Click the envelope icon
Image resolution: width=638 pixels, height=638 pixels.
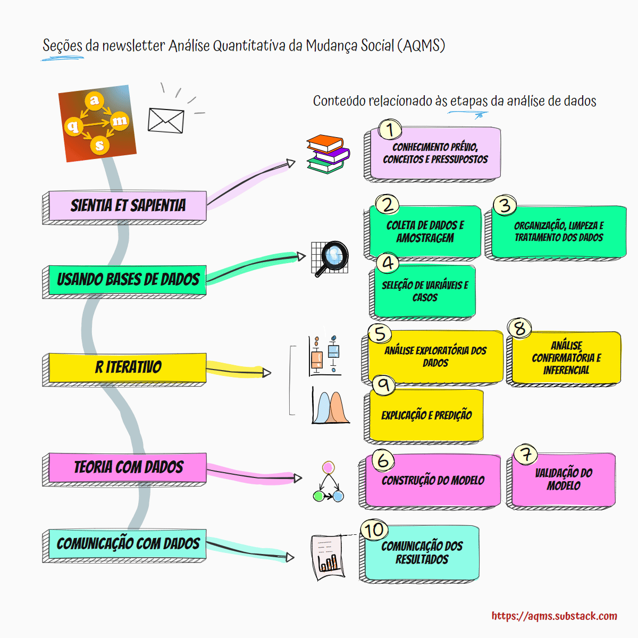pyautogui.click(x=166, y=121)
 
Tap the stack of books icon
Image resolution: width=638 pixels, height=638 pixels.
pyautogui.click(x=328, y=154)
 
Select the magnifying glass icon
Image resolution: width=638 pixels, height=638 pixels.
pyautogui.click(x=330, y=258)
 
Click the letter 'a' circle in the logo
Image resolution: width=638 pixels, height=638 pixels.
pyautogui.click(x=95, y=100)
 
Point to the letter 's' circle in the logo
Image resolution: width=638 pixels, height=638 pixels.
pyautogui.click(x=99, y=145)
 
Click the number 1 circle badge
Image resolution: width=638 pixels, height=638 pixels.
pyautogui.click(x=390, y=129)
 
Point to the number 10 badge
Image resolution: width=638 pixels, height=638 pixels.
pyautogui.click(x=374, y=530)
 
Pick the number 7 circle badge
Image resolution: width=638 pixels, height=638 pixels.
pyautogui.click(x=525, y=455)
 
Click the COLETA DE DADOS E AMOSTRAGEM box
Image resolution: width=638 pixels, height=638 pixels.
pyautogui.click(x=425, y=232)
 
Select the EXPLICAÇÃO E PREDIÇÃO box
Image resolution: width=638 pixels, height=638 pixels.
pyautogui.click(x=426, y=415)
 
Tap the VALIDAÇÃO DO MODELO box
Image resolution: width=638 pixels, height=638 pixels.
pyautogui.click(x=563, y=479)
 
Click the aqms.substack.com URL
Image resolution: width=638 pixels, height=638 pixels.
pyautogui.click(x=554, y=616)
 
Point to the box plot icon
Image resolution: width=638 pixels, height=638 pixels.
pyautogui.click(x=325, y=355)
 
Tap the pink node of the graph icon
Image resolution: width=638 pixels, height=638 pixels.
pyautogui.click(x=328, y=468)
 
